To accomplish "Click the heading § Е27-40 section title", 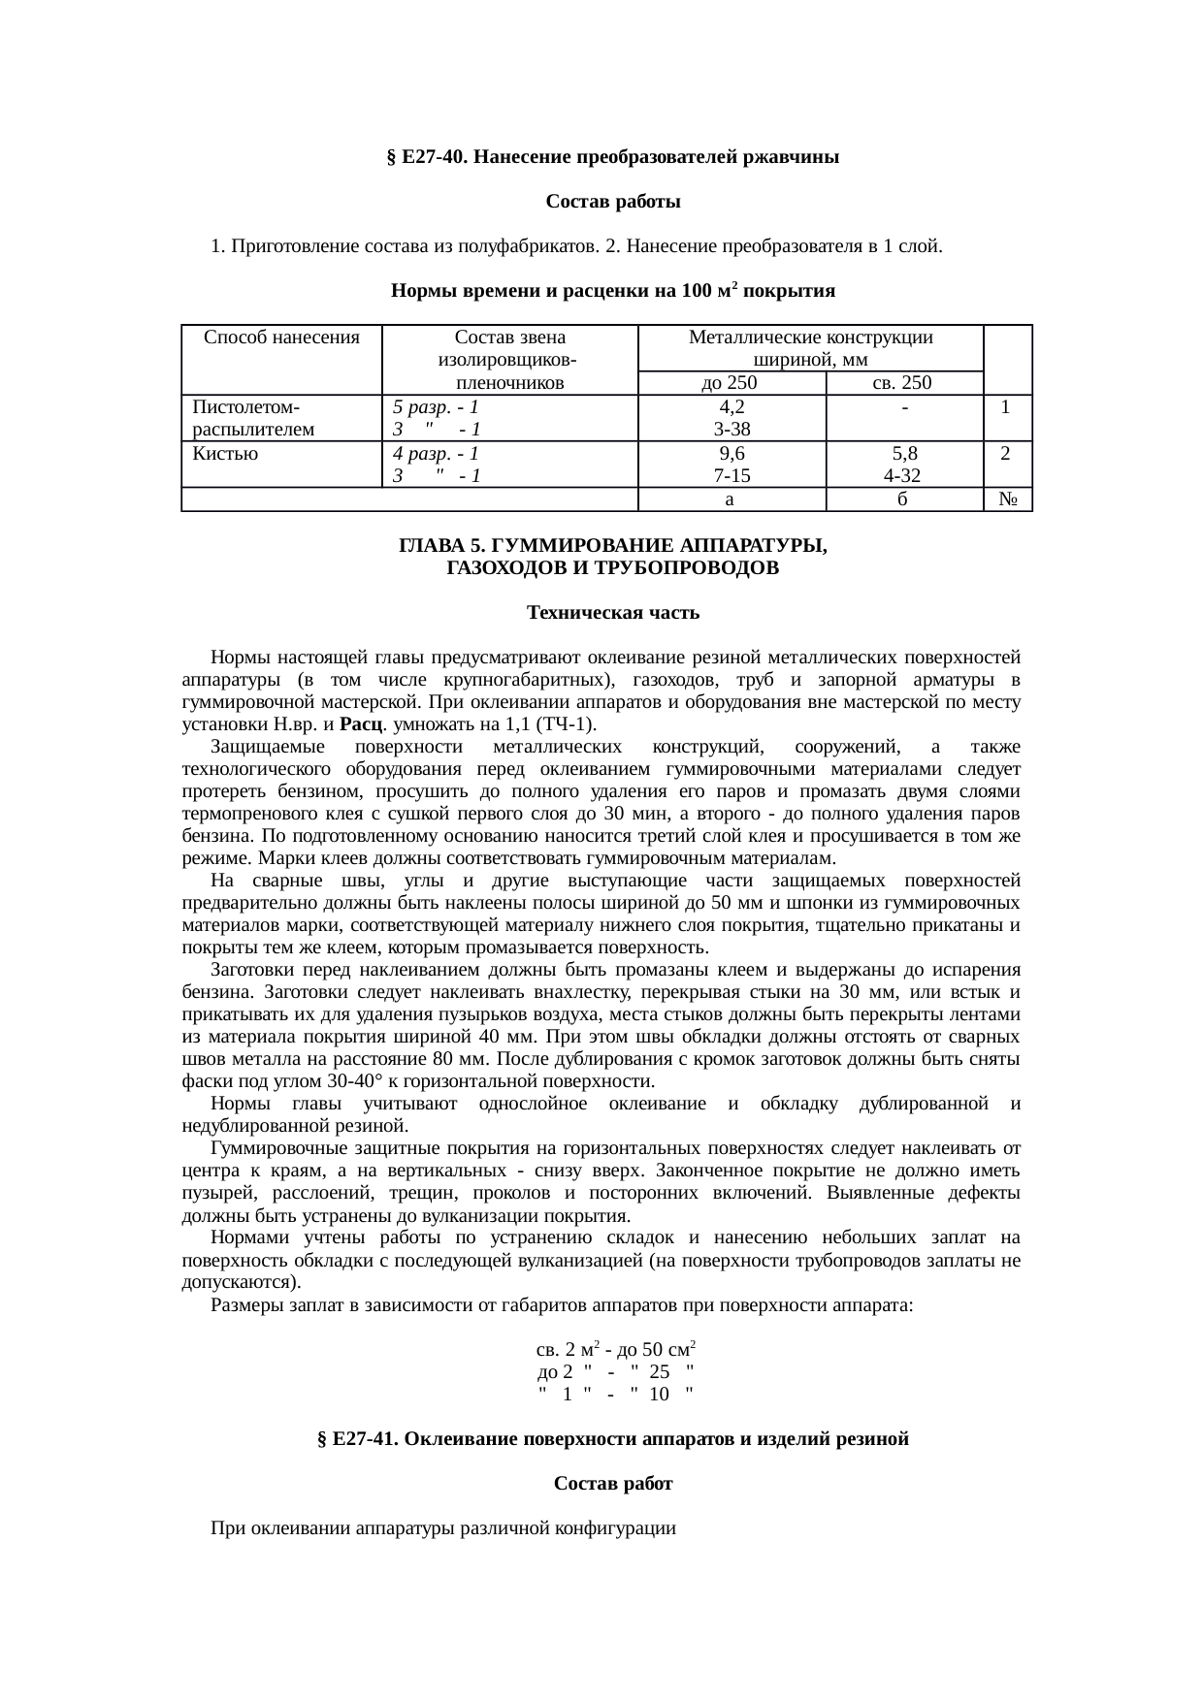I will point(612,157).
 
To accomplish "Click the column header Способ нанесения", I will point(281,338).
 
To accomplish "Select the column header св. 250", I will point(902,383).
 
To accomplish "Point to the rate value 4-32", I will point(902,476).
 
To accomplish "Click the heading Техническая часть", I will point(612,614).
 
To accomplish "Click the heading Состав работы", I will point(612,202).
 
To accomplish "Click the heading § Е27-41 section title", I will point(612,1439).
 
